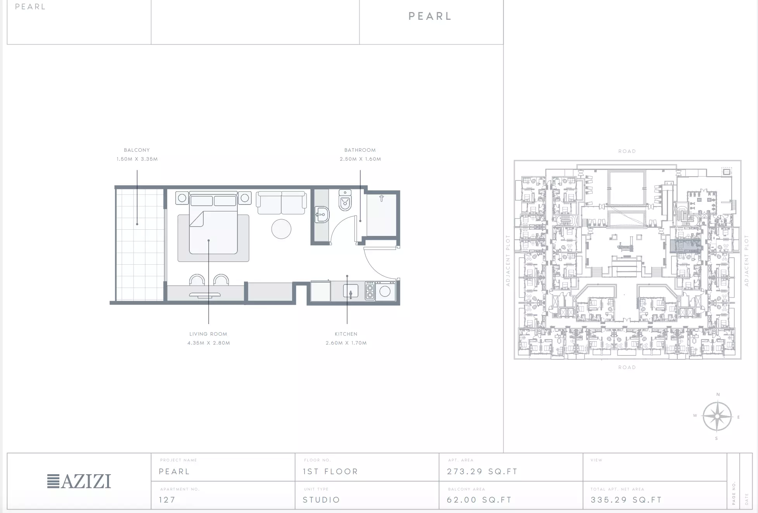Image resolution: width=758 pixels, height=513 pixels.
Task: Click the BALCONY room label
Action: pos(137,150)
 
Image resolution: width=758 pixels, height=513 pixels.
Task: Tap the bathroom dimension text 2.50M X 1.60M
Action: pos(360,159)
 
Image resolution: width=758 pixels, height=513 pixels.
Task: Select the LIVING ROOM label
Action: pos(208,334)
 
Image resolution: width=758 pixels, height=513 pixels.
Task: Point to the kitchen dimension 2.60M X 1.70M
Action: pos(346,343)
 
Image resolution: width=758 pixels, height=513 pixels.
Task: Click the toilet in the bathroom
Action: pos(345,200)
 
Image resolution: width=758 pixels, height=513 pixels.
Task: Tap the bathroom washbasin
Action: pos(322,214)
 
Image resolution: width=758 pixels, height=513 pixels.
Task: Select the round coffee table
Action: pos(281,229)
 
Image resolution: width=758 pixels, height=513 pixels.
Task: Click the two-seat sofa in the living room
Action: pos(281,203)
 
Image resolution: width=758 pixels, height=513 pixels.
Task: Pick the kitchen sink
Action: pos(350,291)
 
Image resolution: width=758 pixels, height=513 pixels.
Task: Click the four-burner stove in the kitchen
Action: pos(370,291)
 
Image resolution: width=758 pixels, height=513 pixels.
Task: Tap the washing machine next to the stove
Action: pos(385,291)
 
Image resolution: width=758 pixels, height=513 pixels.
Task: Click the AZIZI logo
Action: pos(79,481)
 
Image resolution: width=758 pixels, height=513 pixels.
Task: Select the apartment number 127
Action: pos(167,500)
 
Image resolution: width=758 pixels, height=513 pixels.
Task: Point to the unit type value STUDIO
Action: pos(321,500)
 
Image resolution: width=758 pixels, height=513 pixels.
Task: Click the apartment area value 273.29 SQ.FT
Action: pos(482,471)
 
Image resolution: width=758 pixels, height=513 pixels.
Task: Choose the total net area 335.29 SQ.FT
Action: pos(626,500)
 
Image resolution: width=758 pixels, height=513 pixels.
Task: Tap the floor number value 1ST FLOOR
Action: pos(331,471)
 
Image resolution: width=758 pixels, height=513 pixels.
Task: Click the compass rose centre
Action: pos(717,416)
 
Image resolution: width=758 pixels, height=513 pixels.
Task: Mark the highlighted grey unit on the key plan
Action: pos(686,246)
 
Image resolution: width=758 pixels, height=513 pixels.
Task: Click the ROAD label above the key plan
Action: pos(627,151)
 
